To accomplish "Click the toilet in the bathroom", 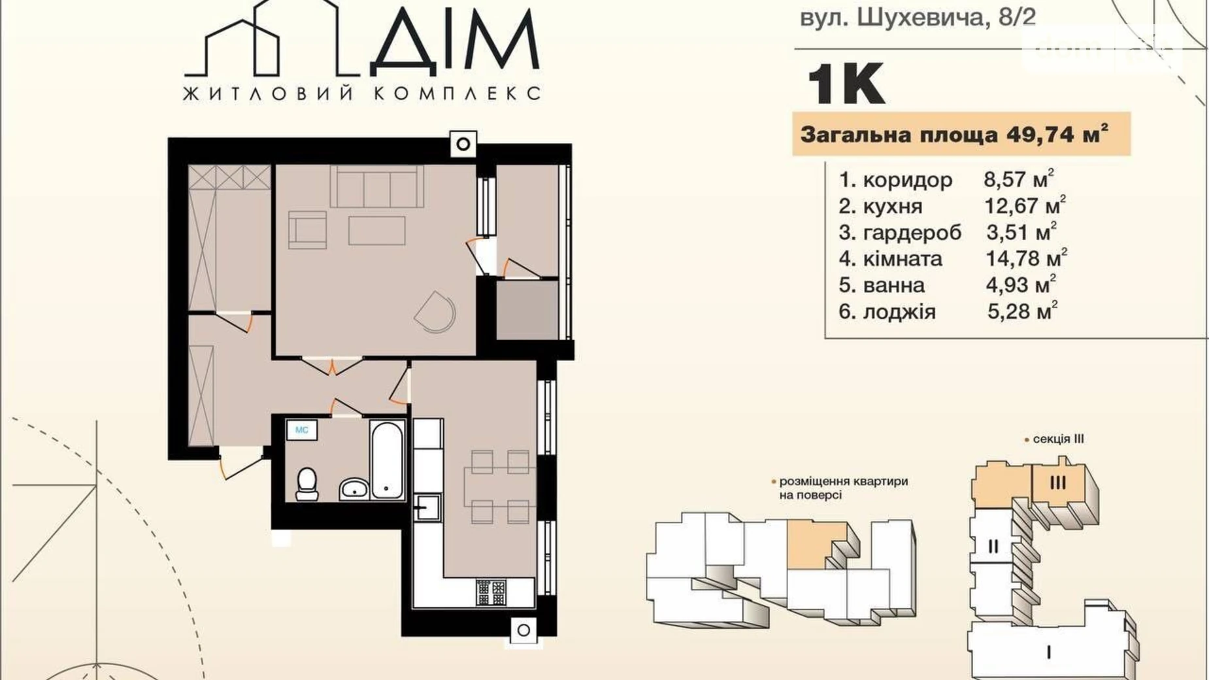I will [x=306, y=484].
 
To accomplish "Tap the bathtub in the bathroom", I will [x=387, y=460].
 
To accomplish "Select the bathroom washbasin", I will [x=354, y=488].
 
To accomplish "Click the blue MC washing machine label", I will [x=302, y=430].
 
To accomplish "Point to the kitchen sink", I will [x=427, y=507].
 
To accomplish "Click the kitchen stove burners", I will [x=491, y=592].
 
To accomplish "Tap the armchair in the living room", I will [x=307, y=229].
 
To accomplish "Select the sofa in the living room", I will [x=376, y=186].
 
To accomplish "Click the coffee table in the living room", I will [x=376, y=230].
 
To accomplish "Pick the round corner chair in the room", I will [x=436, y=311].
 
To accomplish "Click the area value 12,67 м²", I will [x=1025, y=206].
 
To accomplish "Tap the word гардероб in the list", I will [x=912, y=233].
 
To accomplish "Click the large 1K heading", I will [x=846, y=84].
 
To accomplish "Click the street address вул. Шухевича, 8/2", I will [x=918, y=16].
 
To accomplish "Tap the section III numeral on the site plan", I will [x=1058, y=483].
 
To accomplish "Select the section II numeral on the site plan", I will [x=993, y=546].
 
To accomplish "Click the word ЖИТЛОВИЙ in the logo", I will [x=268, y=93].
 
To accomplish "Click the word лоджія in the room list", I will [x=899, y=312].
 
